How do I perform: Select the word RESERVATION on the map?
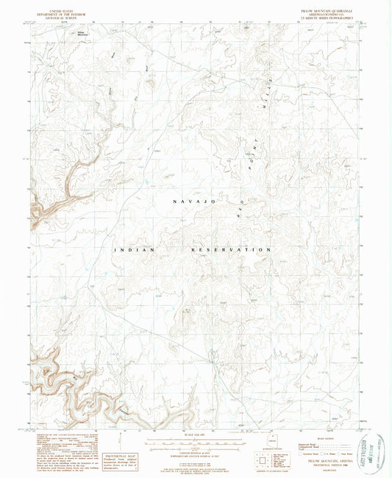(x=229, y=250)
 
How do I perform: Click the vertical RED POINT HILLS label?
(x=257, y=132)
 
